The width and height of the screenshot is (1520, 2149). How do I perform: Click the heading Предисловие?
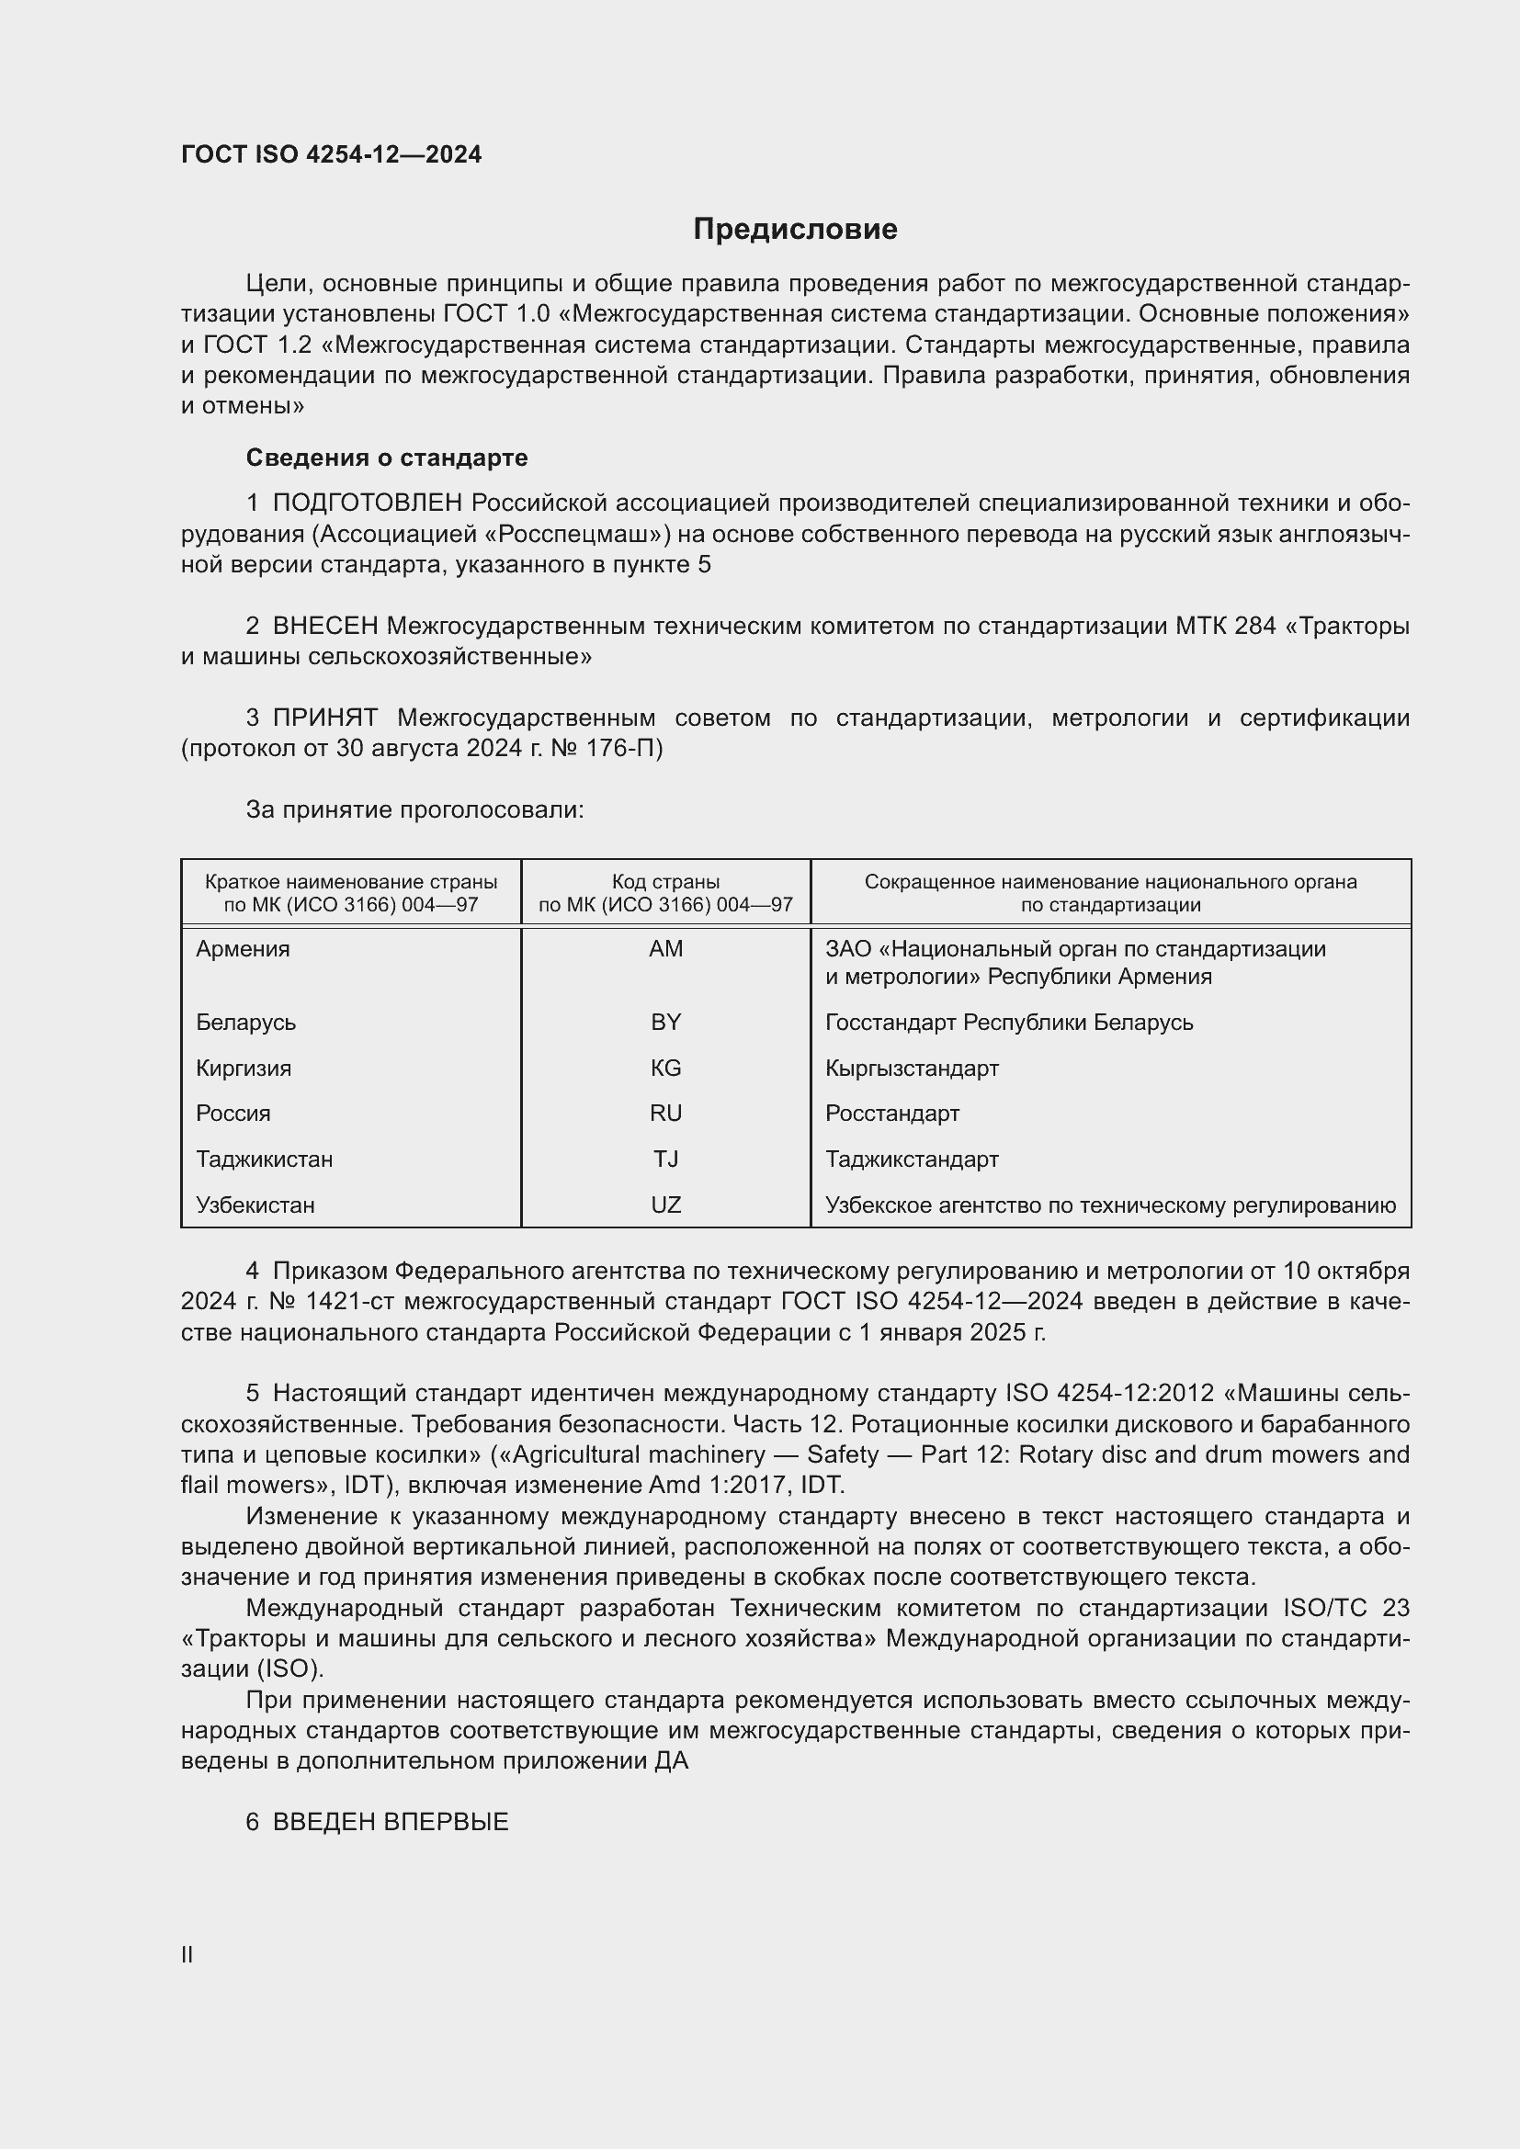[x=795, y=230]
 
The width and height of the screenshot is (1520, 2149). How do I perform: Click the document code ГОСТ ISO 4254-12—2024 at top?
[x=332, y=154]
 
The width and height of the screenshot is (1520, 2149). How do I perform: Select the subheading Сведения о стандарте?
[x=387, y=458]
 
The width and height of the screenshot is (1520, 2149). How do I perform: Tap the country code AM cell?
[x=665, y=949]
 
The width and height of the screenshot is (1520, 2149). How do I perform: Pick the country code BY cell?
[x=665, y=1022]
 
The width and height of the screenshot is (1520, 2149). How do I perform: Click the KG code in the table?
[x=665, y=1068]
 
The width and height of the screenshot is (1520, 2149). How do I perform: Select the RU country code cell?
[x=665, y=1113]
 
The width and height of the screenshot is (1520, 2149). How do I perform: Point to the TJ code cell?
[x=665, y=1159]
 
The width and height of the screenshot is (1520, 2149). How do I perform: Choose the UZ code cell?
[x=665, y=1205]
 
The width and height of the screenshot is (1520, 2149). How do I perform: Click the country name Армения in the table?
[x=243, y=949]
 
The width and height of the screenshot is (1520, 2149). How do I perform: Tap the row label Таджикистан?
[x=264, y=1159]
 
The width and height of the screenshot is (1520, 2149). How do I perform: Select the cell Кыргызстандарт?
[x=912, y=1068]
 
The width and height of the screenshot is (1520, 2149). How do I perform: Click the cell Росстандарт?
[x=892, y=1113]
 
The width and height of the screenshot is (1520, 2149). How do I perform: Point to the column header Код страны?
[x=665, y=882]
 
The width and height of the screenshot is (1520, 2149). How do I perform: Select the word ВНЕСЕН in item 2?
[x=324, y=626]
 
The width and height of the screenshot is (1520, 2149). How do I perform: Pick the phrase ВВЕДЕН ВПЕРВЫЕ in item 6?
[x=391, y=1821]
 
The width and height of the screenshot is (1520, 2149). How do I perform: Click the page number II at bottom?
[x=187, y=1954]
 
